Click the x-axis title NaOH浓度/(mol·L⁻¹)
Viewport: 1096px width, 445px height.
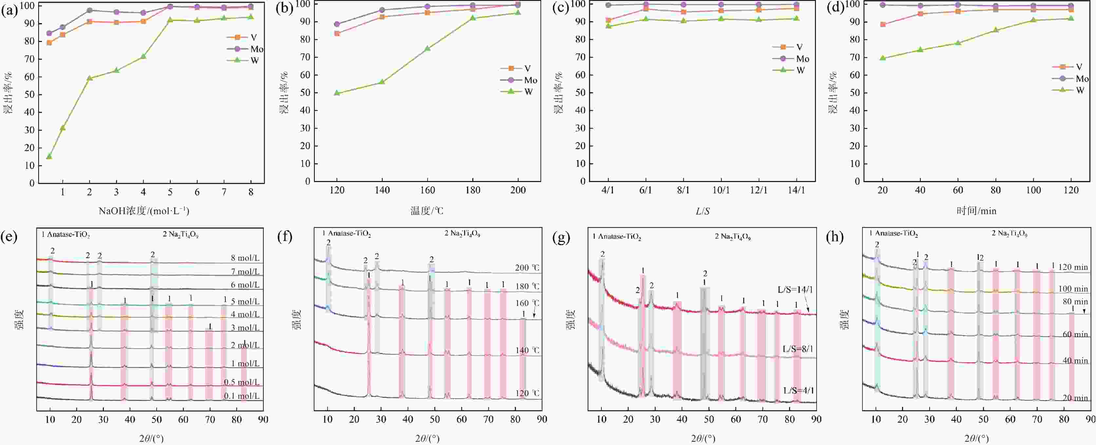[144, 211]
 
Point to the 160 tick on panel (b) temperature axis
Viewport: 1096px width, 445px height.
[427, 190]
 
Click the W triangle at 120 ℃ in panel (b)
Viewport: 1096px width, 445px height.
[337, 92]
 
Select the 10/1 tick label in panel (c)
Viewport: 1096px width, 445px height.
[721, 190]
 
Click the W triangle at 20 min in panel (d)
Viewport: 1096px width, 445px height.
[882, 58]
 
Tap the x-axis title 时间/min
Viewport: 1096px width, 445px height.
[976, 211]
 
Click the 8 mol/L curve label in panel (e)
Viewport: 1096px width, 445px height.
[245, 258]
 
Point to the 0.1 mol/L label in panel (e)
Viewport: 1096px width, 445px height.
[241, 395]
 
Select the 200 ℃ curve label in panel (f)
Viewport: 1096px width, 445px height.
[527, 267]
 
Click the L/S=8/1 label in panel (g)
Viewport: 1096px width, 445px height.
[798, 349]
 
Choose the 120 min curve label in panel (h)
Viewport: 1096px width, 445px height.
[1073, 267]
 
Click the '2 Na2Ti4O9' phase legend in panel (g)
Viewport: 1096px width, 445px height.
[733, 236]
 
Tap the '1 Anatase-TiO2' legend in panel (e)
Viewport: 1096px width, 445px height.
[66, 234]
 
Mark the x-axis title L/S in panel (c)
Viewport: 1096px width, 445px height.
[703, 211]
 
